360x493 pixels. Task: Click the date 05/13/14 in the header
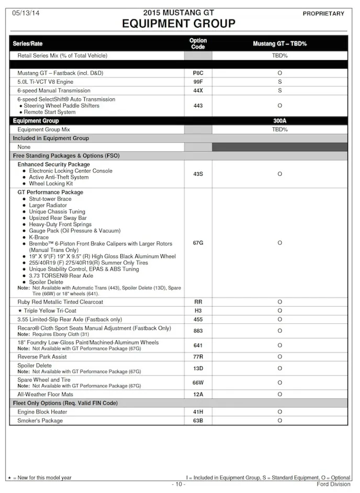(25, 13)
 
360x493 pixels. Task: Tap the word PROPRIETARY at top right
(323, 14)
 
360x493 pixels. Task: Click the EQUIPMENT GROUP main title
(178, 24)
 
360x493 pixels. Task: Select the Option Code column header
(198, 43)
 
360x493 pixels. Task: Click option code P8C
(198, 73)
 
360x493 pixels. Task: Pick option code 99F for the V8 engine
(198, 82)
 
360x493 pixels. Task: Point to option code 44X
(198, 91)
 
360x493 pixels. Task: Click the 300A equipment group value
(279, 120)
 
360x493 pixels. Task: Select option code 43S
(198, 174)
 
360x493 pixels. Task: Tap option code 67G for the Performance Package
(198, 243)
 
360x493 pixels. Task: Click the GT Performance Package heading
(50, 193)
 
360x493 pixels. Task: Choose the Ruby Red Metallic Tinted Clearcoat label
(60, 302)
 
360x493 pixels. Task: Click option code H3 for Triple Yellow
(198, 311)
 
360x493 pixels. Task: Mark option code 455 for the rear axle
(198, 319)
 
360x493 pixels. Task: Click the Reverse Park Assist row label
(42, 357)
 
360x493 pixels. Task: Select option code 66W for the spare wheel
(198, 383)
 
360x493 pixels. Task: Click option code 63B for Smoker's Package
(198, 421)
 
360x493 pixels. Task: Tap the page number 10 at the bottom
(178, 485)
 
